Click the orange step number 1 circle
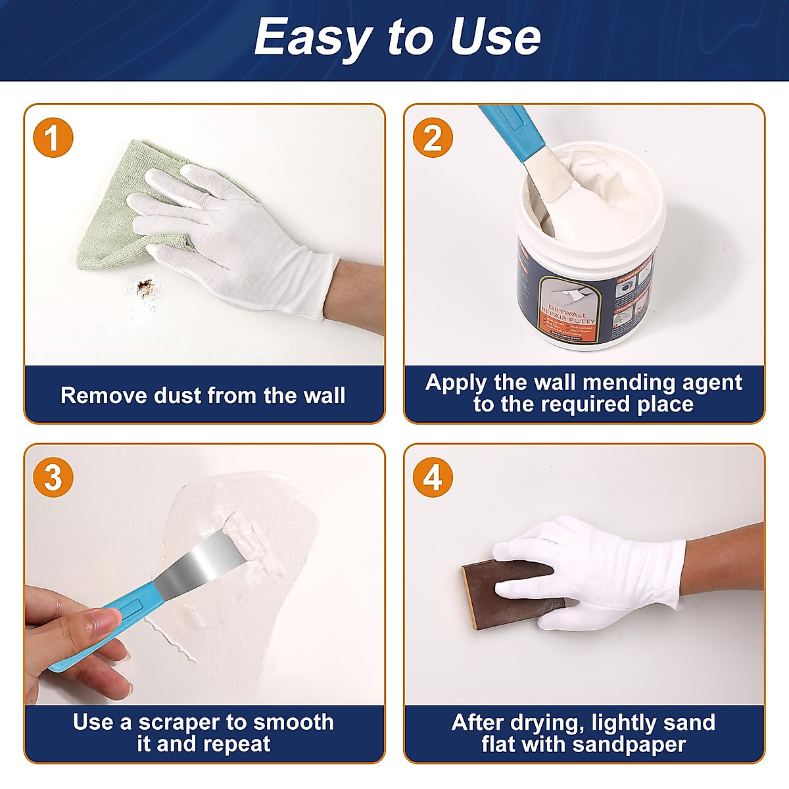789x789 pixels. (x=53, y=138)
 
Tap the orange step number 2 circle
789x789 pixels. (x=433, y=138)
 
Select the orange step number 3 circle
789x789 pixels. (x=53, y=478)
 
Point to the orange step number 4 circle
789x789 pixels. (x=433, y=478)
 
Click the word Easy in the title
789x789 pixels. (x=312, y=37)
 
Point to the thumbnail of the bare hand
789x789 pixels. (x=103, y=619)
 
